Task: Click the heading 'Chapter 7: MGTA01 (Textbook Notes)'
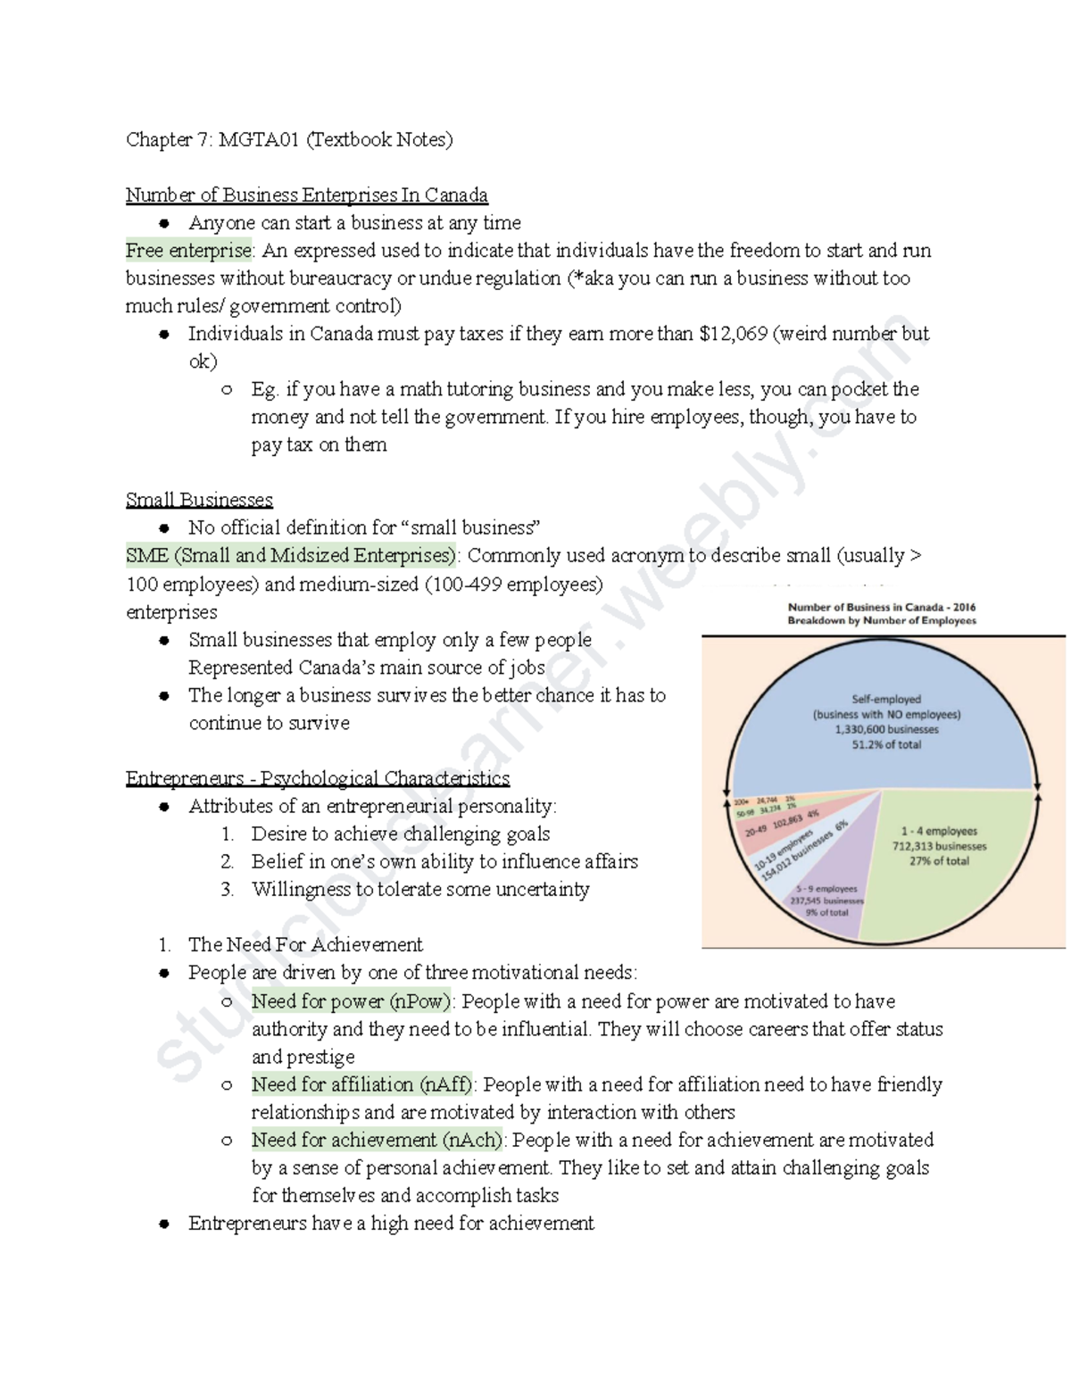[289, 139]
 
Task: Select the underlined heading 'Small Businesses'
[199, 500]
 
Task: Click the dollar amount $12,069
[733, 334]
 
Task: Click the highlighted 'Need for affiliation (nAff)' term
[362, 1084]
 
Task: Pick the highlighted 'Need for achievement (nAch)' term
[377, 1140]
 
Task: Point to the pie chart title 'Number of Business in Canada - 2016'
[881, 607]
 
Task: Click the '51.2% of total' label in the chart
[886, 744]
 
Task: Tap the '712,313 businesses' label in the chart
[939, 846]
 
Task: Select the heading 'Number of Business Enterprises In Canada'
[306, 195]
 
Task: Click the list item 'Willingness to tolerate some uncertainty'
[419, 889]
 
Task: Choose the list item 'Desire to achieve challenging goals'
[400, 834]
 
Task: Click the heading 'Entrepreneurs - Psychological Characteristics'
[317, 778]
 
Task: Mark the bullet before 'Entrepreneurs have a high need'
[164, 1224]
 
